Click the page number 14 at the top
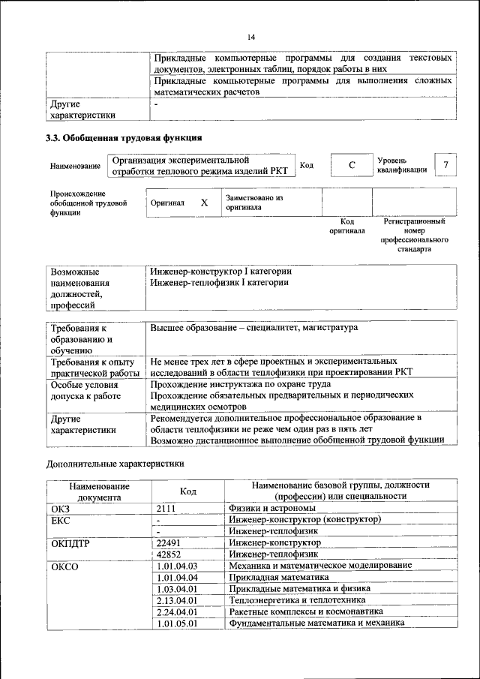coord(251,37)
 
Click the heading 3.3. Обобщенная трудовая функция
coord(124,138)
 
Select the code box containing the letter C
coord(352,165)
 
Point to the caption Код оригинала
coord(346,226)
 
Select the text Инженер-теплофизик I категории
coord(219,283)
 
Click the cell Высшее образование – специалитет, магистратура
coord(254,328)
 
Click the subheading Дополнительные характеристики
coord(115,464)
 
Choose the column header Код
coord(188,491)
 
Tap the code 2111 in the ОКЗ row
coord(166,508)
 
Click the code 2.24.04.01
coord(177,611)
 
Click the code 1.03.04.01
coord(177,588)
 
